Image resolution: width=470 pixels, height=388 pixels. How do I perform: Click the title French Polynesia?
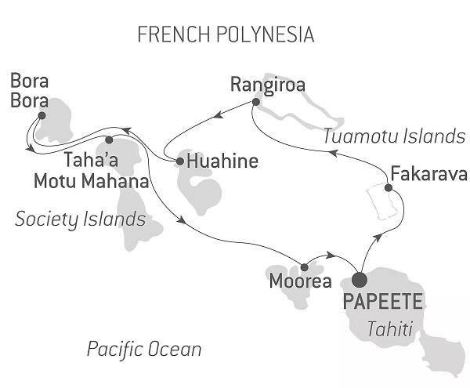tap(226, 34)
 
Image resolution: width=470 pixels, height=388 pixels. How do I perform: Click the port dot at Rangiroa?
tap(255, 101)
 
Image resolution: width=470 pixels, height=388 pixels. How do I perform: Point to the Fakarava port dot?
tap(389, 187)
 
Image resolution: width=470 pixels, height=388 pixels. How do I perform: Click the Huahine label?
tap(221, 162)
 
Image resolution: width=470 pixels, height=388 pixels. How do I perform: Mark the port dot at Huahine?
tap(180, 161)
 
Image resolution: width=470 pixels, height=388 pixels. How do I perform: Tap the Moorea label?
tap(291, 281)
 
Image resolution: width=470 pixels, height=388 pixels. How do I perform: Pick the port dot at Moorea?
tap(304, 267)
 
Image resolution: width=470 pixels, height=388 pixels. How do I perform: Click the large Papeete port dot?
tap(360, 279)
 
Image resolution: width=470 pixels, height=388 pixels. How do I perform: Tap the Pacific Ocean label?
tap(144, 349)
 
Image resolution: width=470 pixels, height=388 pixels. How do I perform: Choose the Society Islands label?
tap(81, 219)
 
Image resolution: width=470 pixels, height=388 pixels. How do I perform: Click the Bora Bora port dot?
tap(42, 115)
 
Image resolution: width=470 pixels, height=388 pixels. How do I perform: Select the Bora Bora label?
tap(29, 91)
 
